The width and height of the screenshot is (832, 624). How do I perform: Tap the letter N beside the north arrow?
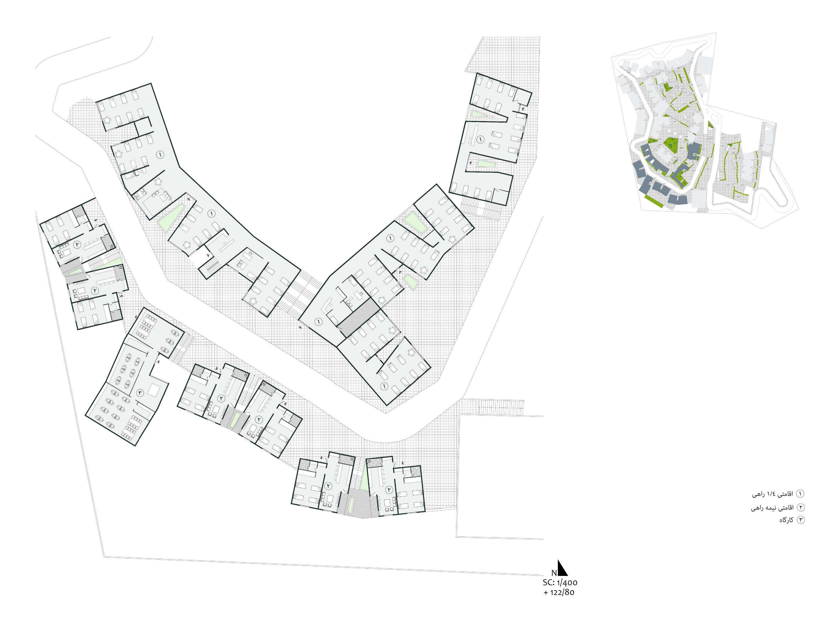click(554, 573)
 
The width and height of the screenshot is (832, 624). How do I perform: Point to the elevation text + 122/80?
click(559, 592)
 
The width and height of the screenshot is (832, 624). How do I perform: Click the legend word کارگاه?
click(786, 520)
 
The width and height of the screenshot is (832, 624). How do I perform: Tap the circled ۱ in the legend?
click(800, 494)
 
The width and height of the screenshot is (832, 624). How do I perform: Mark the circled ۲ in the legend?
click(800, 507)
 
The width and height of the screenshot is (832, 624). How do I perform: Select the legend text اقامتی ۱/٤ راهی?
click(773, 494)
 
